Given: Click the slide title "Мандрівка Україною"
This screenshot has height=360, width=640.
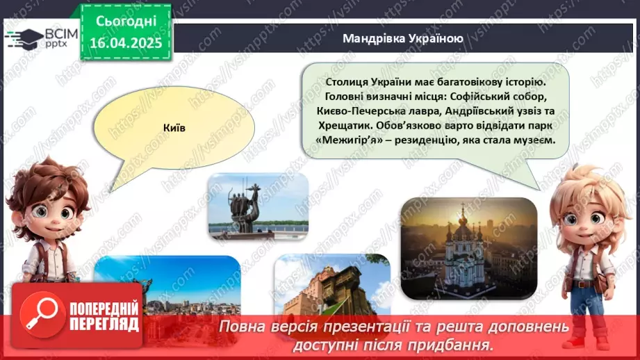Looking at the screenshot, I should point(402,38).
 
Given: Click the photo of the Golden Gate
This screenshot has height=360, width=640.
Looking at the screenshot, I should point(332,286).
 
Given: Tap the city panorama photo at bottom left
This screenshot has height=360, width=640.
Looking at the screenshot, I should point(167,286).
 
